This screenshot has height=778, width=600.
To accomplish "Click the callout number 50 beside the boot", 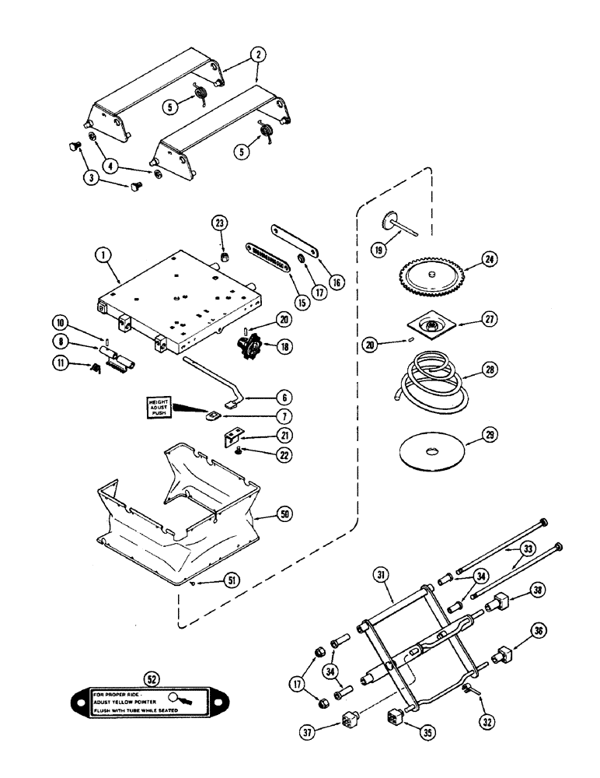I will point(284,514).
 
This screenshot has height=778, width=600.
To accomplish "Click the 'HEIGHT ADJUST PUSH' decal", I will point(164,405).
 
